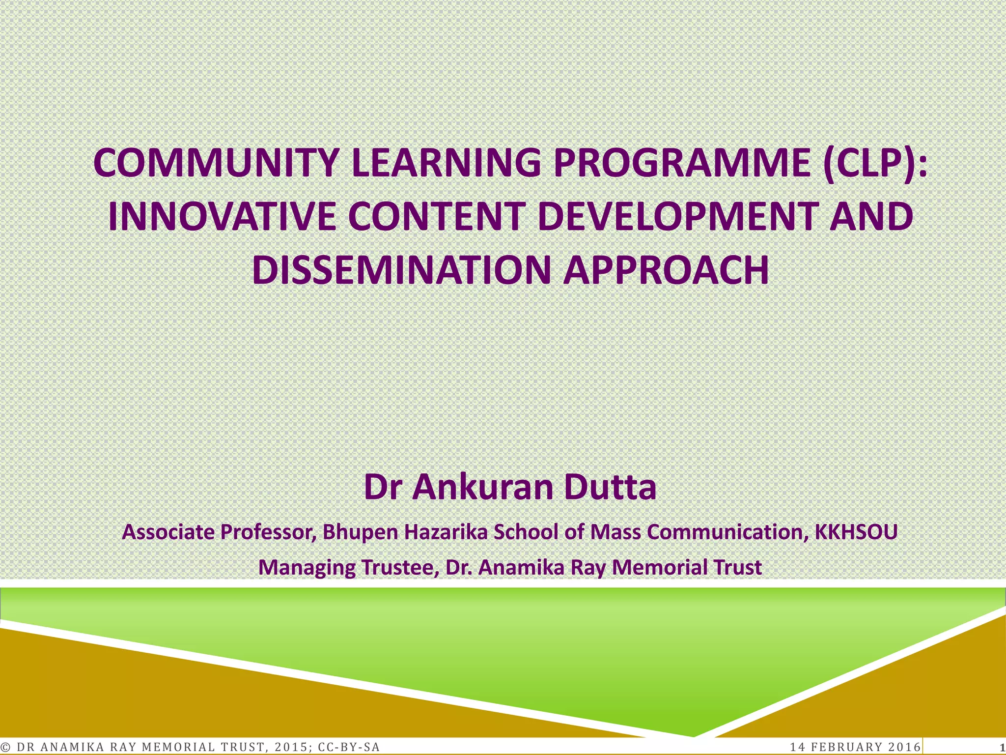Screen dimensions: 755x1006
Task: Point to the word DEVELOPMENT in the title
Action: click(x=677, y=217)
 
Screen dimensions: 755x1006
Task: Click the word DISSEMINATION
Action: click(x=403, y=270)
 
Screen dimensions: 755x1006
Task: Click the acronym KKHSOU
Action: click(x=856, y=532)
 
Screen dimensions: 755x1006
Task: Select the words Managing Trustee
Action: click(x=348, y=567)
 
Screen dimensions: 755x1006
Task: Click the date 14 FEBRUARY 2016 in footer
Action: click(x=855, y=747)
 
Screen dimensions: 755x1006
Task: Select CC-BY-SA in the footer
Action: click(x=349, y=747)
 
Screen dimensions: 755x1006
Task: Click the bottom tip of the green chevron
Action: click(x=694, y=735)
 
